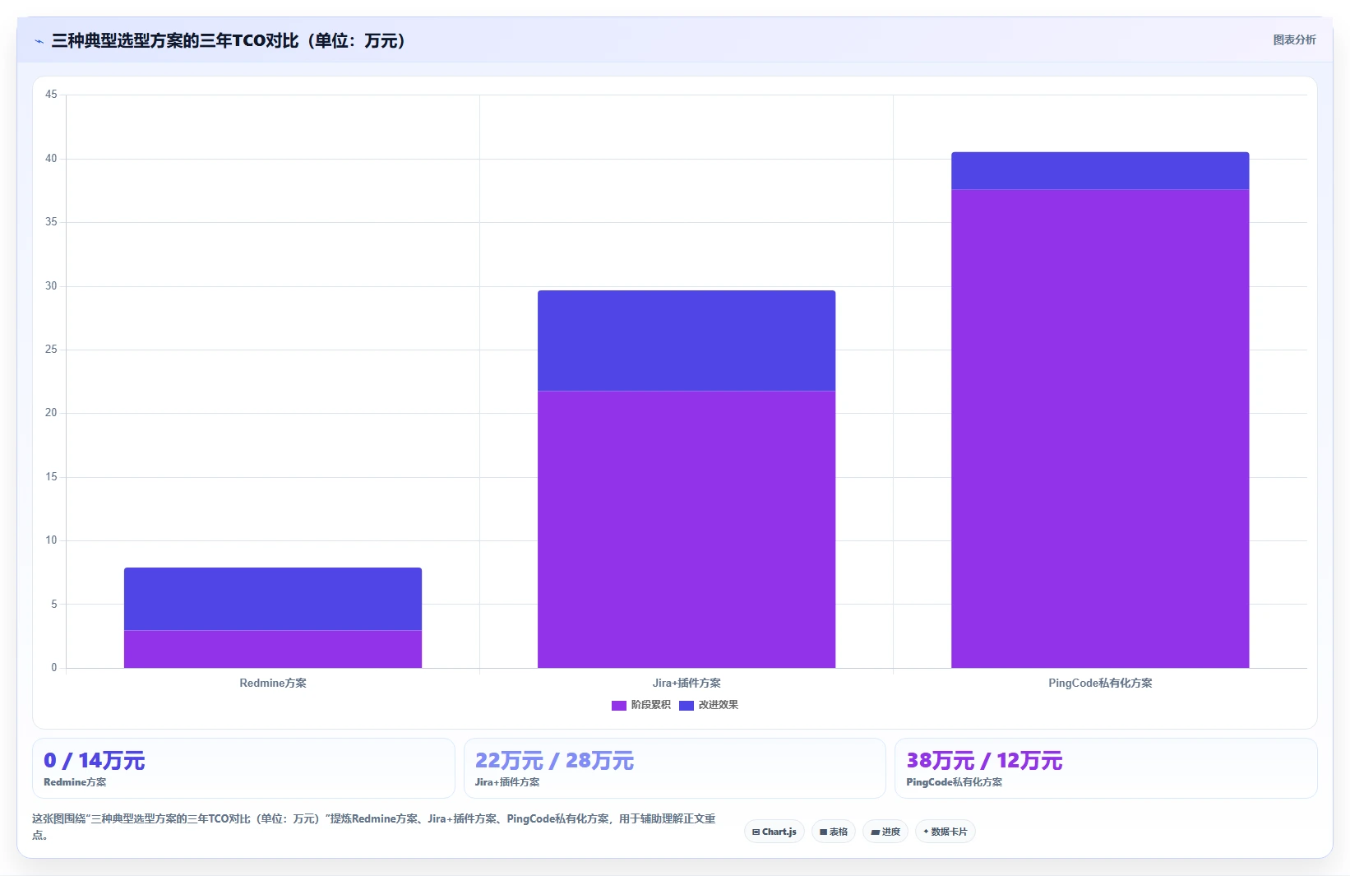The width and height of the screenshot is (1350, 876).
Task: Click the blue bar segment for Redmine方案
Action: pyautogui.click(x=273, y=599)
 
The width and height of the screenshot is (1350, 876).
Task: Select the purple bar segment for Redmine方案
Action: pyautogui.click(x=273, y=649)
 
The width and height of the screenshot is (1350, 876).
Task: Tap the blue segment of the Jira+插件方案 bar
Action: pyautogui.click(x=687, y=341)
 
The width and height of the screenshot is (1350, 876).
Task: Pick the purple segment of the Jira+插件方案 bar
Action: pyautogui.click(x=687, y=530)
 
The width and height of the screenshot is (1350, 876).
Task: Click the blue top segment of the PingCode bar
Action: pyautogui.click(x=1100, y=170)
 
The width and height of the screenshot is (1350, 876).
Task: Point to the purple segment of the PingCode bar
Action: pyautogui.click(x=1100, y=429)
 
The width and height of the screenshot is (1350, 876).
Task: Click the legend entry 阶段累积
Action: pyautogui.click(x=640, y=705)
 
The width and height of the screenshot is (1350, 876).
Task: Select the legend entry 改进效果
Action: pyautogui.click(x=709, y=705)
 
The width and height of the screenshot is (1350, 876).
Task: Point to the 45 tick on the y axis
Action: pyautogui.click(x=51, y=94)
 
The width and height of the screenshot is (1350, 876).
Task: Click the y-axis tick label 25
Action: pyautogui.click(x=51, y=349)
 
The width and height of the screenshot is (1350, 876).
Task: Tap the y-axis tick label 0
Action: pyautogui.click(x=54, y=667)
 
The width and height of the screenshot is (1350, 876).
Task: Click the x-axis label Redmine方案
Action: pyautogui.click(x=273, y=683)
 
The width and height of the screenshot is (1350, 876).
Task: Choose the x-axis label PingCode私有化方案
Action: pyautogui.click(x=1100, y=683)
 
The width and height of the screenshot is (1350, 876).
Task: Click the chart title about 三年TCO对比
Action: pyautogui.click(x=228, y=41)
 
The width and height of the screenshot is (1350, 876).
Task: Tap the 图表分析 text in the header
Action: pyautogui.click(x=1295, y=39)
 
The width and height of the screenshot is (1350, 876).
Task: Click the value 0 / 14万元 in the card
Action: pyautogui.click(x=94, y=760)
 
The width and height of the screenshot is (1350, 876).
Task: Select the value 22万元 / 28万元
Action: pyautogui.click(x=554, y=760)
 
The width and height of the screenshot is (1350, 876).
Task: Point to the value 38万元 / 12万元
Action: pyautogui.click(x=984, y=760)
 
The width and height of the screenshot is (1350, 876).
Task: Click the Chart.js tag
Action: pyautogui.click(x=774, y=832)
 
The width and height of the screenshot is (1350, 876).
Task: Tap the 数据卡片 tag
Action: pyautogui.click(x=945, y=832)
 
